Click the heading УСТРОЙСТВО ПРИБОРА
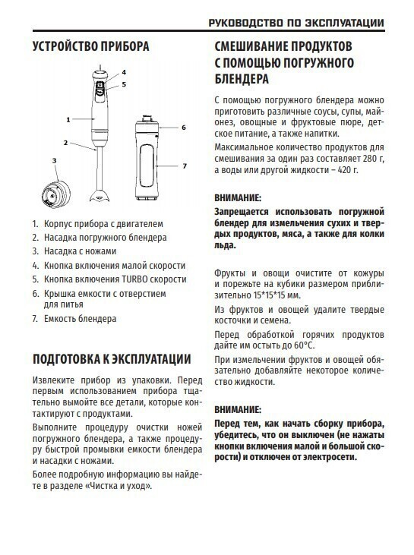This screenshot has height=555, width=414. coord(90,46)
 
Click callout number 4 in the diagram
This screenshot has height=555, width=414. coord(124,72)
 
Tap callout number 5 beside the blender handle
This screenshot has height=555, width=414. coord(124,84)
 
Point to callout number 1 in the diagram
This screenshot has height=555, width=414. coord(68,120)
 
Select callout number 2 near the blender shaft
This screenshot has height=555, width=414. coord(65,143)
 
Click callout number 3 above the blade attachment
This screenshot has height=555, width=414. coord(54,161)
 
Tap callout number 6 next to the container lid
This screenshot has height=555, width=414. coord(183,128)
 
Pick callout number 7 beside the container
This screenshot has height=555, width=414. coord(184,166)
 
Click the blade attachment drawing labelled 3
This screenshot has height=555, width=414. coord(55,194)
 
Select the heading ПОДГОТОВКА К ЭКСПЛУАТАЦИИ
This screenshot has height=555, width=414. coord(112,359)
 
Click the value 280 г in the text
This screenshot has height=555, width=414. coord(373,159)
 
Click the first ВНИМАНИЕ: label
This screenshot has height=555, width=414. coord(238,197)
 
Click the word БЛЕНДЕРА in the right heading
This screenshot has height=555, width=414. coord(242,79)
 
